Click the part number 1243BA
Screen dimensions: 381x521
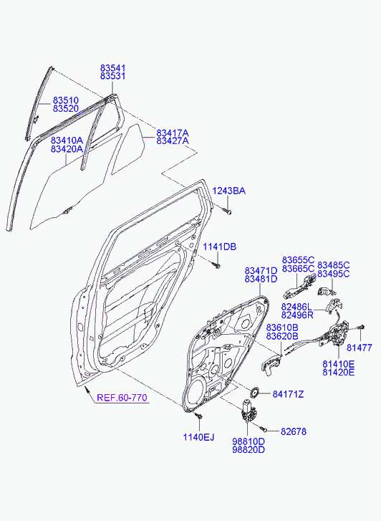[229, 191]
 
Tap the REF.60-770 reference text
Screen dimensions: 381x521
[122, 398]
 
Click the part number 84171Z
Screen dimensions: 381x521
[289, 394]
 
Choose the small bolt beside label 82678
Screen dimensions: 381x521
[264, 429]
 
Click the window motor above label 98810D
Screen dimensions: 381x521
[248, 411]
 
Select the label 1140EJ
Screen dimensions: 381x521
[198, 437]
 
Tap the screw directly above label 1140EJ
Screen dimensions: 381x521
[198, 416]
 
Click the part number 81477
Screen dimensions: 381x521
[360, 348]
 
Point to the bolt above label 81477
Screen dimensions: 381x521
[361, 328]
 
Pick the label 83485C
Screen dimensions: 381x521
[334, 265]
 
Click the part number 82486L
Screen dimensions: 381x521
[296, 306]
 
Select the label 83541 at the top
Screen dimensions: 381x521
[113, 68]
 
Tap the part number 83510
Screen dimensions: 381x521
[66, 100]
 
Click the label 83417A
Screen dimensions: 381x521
[173, 133]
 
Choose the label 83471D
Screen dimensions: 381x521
[261, 271]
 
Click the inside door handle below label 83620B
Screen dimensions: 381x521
[271, 365]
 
